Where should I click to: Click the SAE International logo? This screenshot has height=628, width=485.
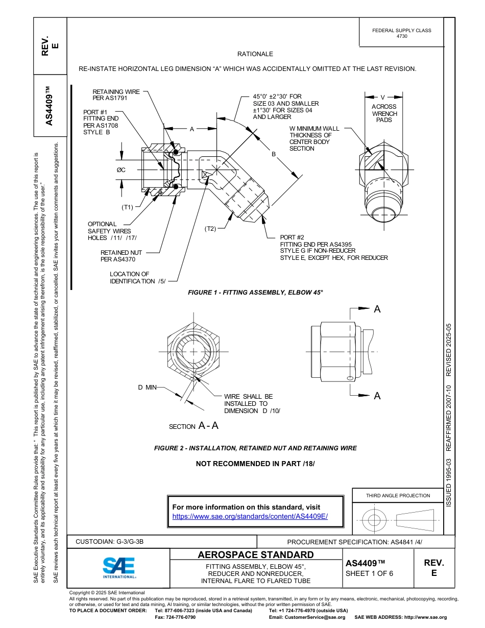(119, 567)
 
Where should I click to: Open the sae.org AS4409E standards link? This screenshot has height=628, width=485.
(250, 516)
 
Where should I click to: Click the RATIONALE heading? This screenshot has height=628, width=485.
(255, 54)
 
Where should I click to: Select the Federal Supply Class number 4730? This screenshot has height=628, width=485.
(402, 36)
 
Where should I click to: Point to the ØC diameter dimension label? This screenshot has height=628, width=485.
(121, 170)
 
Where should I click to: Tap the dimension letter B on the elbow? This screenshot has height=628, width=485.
(274, 154)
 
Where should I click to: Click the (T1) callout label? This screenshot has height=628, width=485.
(127, 207)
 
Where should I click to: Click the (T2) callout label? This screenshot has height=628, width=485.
(210, 228)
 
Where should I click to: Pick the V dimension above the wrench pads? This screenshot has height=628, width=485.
(383, 96)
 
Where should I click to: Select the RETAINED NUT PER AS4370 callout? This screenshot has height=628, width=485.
(122, 256)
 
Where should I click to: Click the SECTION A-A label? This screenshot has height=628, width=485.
(193, 426)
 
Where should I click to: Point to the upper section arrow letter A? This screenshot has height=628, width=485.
(377, 309)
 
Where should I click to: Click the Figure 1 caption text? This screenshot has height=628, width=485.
(256, 292)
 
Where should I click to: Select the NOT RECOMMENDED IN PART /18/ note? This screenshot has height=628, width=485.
(255, 464)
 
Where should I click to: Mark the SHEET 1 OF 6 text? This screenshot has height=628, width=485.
(370, 573)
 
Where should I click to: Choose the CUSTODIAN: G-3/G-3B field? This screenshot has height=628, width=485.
(110, 542)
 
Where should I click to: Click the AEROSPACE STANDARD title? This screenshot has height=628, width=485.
(256, 554)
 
